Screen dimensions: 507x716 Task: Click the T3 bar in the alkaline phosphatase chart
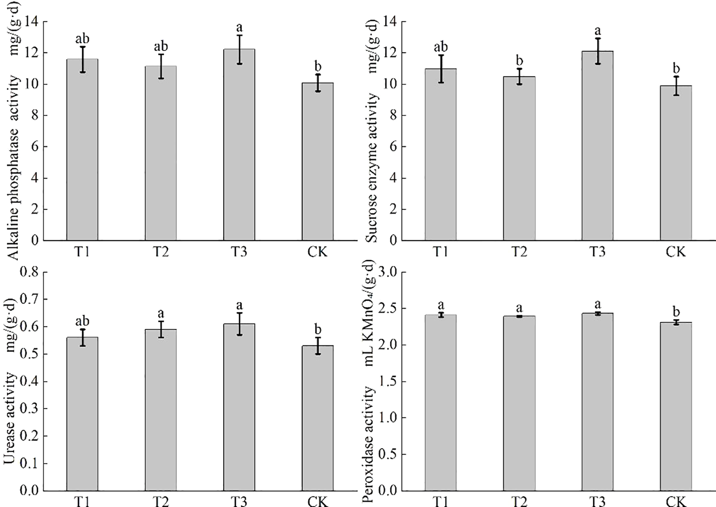click(239, 146)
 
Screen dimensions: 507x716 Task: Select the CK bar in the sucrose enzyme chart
click(676, 163)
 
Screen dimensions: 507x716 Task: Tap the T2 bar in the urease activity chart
click(161, 409)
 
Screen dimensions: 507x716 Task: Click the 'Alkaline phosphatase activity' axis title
click(14, 167)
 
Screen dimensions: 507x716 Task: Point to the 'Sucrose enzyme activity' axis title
click(372, 167)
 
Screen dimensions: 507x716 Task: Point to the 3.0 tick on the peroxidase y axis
click(387, 272)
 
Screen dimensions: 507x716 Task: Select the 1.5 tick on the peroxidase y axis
click(387, 381)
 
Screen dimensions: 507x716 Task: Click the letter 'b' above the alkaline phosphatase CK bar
click(318, 66)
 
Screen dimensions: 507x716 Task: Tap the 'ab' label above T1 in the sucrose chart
click(441, 46)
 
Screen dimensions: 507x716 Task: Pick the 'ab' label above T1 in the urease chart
click(82, 321)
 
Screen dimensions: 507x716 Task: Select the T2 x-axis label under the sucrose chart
click(519, 252)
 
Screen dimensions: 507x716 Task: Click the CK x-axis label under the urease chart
click(318, 501)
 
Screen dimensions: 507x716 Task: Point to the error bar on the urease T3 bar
click(239, 324)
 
